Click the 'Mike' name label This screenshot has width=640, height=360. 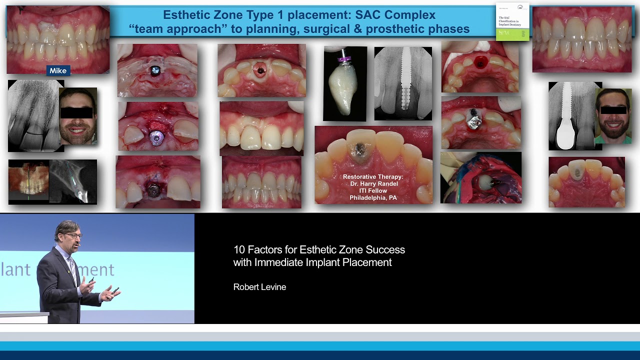58,71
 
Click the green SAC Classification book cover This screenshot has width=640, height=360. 512,22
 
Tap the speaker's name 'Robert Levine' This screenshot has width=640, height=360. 259,287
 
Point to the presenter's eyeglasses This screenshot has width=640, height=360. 73,235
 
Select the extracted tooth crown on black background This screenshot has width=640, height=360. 344,83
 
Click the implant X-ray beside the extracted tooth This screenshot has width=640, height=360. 403,83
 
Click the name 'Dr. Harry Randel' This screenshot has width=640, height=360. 373,183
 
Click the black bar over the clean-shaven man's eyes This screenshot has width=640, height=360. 76,112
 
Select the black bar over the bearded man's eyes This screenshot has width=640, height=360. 613,109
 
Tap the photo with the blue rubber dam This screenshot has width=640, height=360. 480,178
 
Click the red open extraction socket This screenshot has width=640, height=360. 480,62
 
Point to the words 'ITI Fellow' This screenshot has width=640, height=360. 373,190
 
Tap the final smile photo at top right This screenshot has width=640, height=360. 581,39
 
